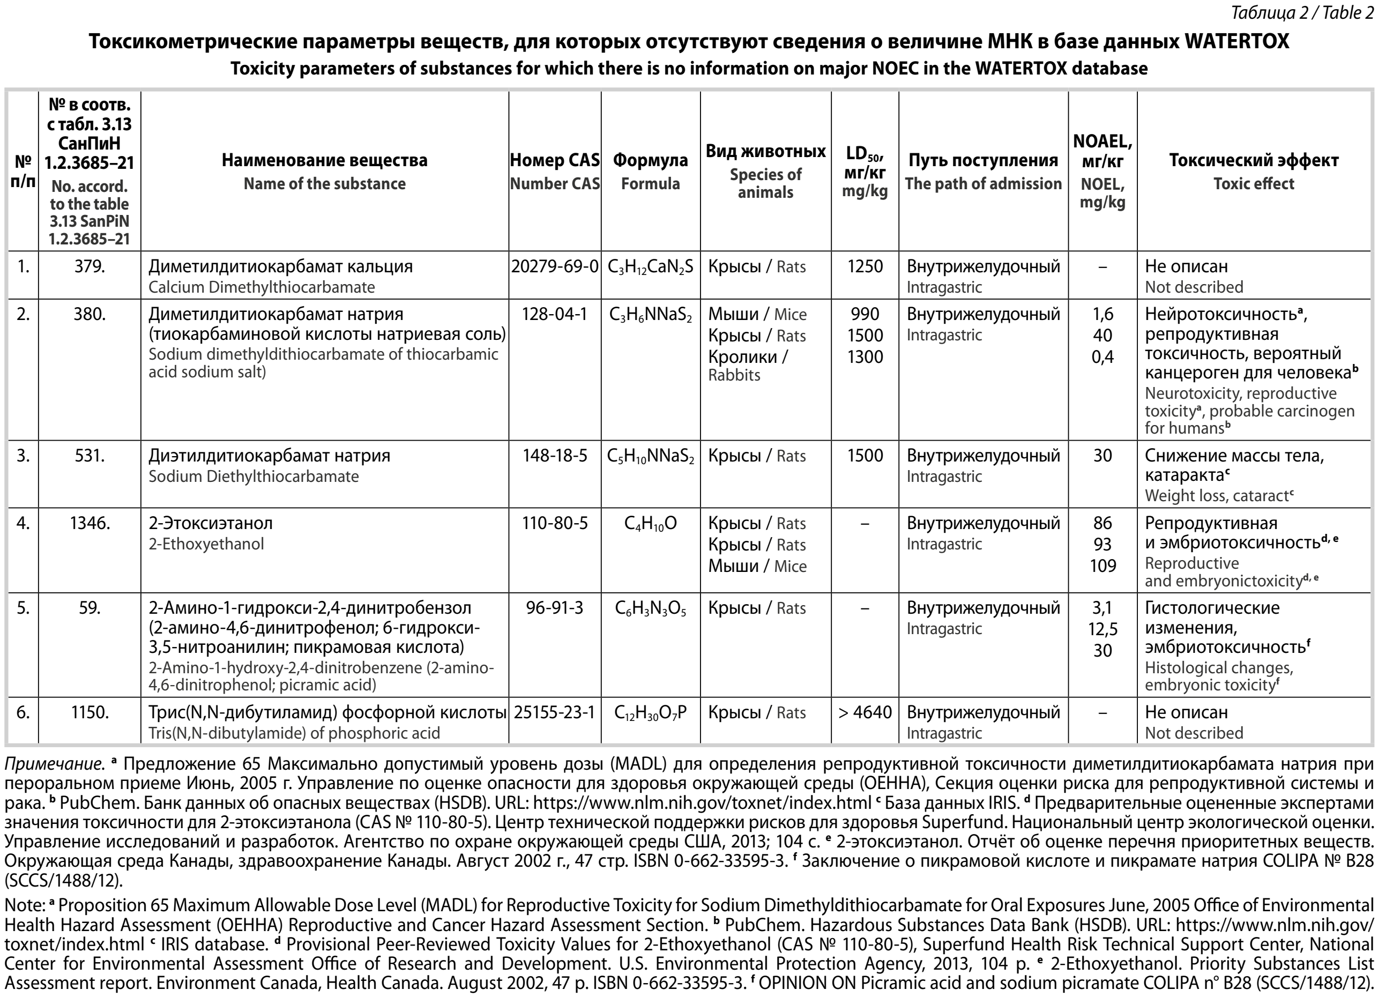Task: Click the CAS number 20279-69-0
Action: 555,267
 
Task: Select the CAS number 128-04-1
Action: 555,314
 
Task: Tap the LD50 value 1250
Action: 865,267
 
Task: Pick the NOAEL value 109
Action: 1102,566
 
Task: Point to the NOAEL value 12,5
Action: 1102,629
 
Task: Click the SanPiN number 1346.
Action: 90,523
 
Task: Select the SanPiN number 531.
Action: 90,456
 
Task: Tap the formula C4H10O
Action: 650,524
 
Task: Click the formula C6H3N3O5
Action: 650,609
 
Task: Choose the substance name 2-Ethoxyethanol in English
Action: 206,544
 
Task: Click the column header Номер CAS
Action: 555,160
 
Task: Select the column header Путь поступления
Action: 982,160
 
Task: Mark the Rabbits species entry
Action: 734,375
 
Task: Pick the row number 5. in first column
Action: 23,608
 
